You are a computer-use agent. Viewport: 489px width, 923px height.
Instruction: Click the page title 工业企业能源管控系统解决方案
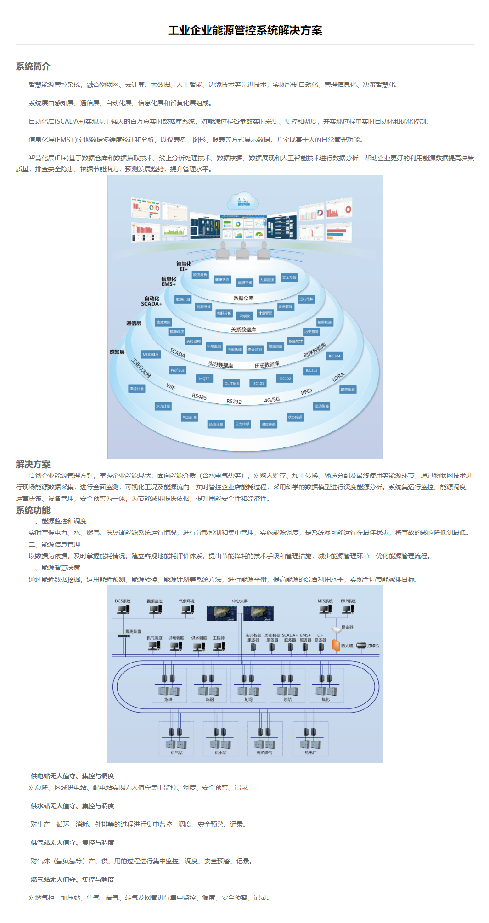[x=245, y=30]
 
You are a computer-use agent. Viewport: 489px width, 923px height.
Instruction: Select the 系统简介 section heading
[x=33, y=67]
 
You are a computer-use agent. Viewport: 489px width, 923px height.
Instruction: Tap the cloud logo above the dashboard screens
[x=243, y=201]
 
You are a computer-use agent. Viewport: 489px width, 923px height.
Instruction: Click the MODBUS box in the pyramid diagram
[x=151, y=354]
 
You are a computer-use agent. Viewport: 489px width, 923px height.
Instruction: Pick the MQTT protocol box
[x=204, y=379]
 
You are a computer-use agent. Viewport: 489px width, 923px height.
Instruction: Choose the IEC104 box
[x=334, y=356]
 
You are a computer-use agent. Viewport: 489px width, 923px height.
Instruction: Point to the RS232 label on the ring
[x=234, y=402]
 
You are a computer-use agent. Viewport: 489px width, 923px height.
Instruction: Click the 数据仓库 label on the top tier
[x=243, y=298]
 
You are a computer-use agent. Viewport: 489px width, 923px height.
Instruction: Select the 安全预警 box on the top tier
[x=289, y=277]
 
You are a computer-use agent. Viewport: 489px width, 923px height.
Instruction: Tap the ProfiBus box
[x=177, y=370]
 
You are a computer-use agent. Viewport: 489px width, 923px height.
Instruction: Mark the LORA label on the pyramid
[x=338, y=377]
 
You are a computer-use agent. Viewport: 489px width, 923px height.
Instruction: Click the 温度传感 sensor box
[x=269, y=424]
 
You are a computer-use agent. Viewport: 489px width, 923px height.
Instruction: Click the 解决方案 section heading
[x=33, y=464]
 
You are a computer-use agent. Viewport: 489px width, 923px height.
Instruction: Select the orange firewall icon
[x=336, y=645]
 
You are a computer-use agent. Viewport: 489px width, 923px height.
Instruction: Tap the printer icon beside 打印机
[x=361, y=646]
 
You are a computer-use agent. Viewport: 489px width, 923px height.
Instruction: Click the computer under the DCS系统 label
[x=123, y=610]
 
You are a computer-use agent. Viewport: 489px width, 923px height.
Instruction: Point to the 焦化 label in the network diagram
[x=326, y=699]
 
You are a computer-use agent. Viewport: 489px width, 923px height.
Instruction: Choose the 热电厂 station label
[x=310, y=753]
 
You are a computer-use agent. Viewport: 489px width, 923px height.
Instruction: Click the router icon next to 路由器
[x=336, y=629]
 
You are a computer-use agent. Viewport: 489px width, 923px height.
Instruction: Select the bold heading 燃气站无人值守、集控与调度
[x=73, y=879]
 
